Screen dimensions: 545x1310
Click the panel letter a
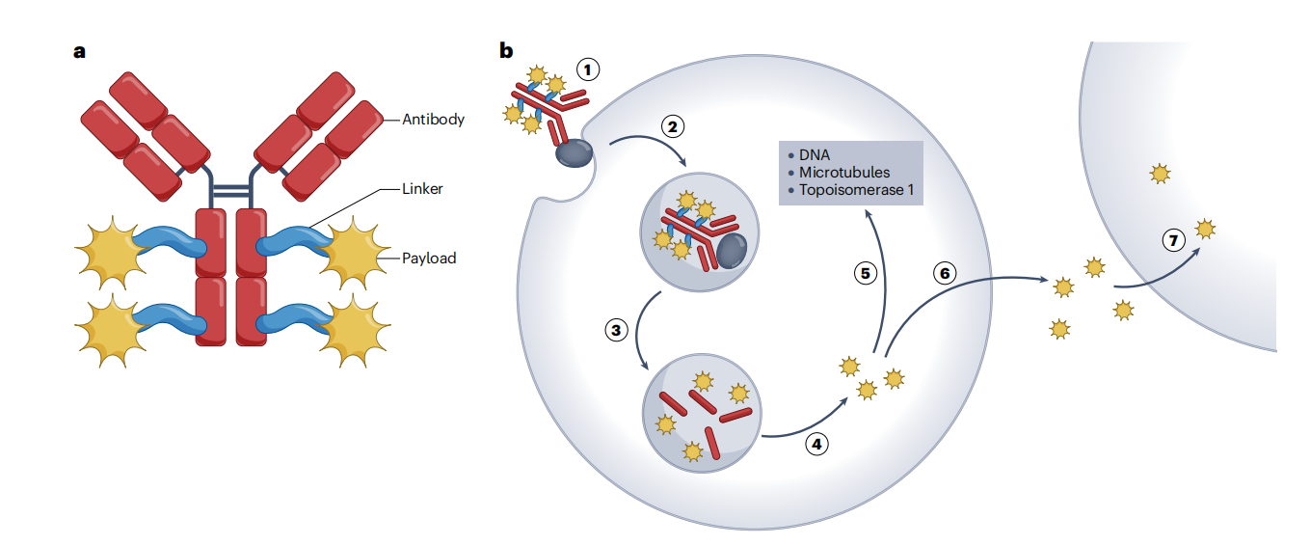80,51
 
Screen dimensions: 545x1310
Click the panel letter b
506,50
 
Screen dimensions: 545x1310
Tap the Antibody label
433,120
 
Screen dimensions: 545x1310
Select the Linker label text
422,189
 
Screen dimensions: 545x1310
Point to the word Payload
429,259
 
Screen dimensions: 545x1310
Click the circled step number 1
588,69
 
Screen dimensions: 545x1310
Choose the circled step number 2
673,126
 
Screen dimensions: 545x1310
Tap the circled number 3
616,331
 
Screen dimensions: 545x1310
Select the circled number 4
816,445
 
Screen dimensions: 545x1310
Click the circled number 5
865,274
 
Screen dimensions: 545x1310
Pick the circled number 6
945,273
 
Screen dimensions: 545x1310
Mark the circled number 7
1173,241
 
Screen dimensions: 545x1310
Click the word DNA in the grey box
815,154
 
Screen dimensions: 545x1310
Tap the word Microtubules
844,172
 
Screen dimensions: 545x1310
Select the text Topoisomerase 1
856,190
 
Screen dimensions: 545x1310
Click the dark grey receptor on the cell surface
574,152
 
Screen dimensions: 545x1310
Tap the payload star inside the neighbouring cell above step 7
1160,174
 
